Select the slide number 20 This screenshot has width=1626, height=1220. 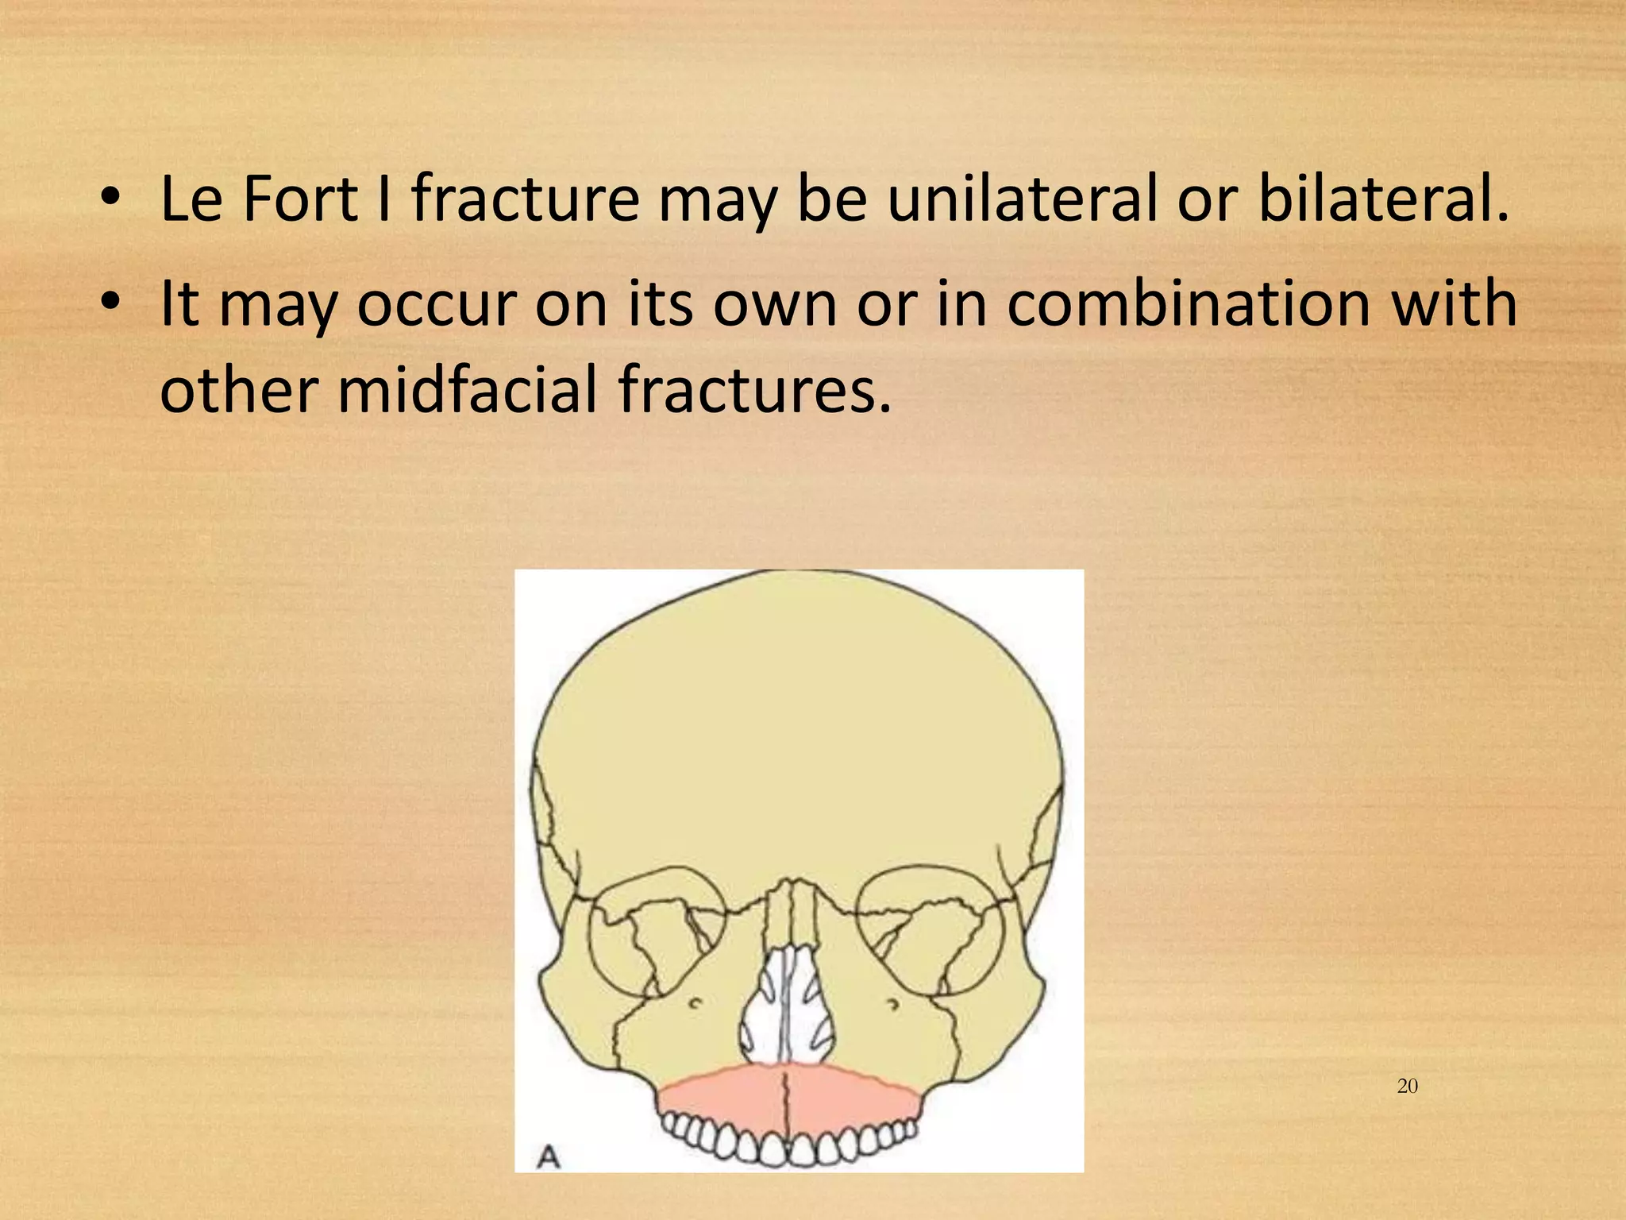tap(1407, 1087)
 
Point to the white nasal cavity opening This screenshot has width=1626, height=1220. tap(786, 1009)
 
